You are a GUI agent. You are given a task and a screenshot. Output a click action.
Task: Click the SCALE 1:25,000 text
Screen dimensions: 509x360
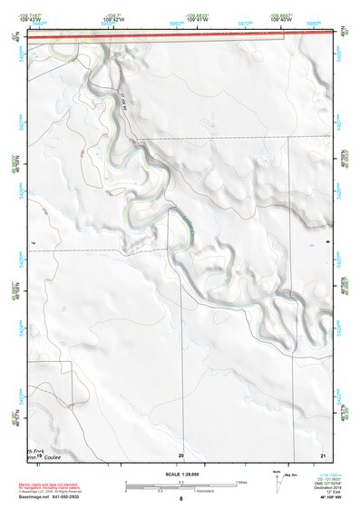click(x=181, y=474)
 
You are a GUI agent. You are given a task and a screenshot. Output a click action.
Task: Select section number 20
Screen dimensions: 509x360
click(x=181, y=454)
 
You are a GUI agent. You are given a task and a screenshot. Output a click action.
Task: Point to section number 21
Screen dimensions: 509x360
click(x=322, y=454)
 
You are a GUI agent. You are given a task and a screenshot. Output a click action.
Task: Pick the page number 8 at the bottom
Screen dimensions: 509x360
click(x=181, y=500)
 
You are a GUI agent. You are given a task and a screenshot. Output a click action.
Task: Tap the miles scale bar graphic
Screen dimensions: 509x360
click(x=180, y=484)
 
